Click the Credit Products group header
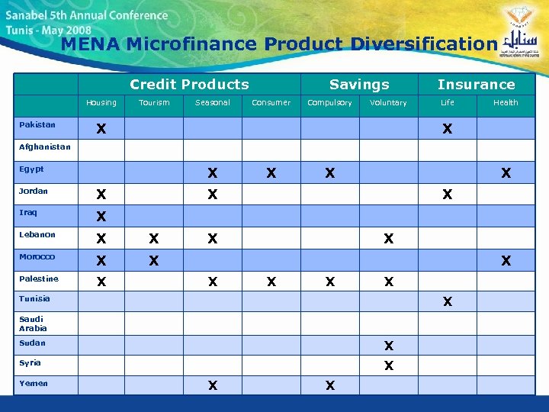click(x=189, y=85)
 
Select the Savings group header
click(x=359, y=85)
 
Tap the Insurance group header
click(x=476, y=85)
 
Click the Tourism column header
click(x=154, y=103)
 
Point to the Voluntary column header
click(x=388, y=103)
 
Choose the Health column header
click(x=505, y=103)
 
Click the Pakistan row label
click(x=37, y=124)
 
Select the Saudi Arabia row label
click(x=32, y=323)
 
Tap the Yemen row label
click(x=34, y=384)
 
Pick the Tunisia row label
click(x=34, y=299)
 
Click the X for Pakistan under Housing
click(x=101, y=130)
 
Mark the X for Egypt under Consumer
click(x=271, y=173)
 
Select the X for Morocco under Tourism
click(x=154, y=261)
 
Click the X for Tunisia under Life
click(x=448, y=302)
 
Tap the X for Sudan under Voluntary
click(x=389, y=346)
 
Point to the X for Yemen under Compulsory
click(x=329, y=386)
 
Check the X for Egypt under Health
click(x=506, y=173)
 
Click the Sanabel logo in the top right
click(x=520, y=38)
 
